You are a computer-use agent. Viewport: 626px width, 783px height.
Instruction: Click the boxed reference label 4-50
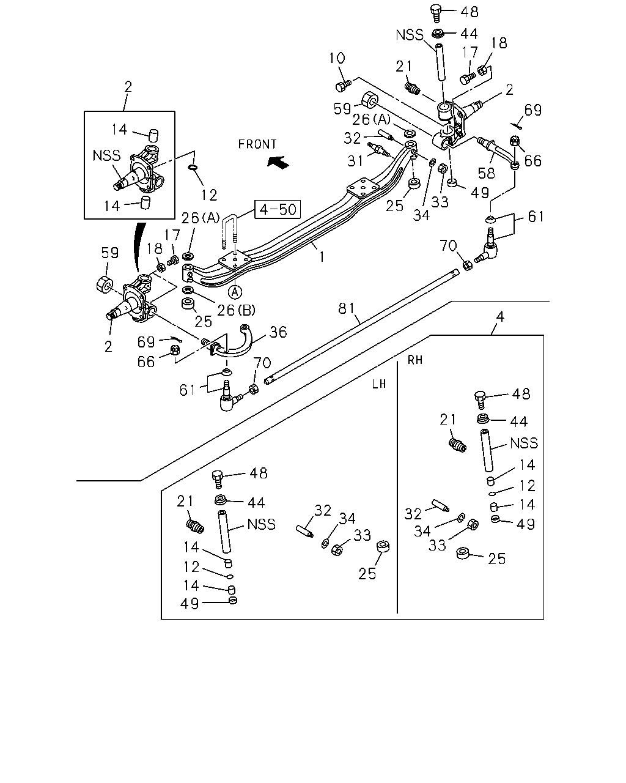tap(278, 209)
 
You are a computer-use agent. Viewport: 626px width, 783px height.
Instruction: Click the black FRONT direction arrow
tap(278, 162)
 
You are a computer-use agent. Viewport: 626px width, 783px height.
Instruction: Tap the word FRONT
tap(257, 144)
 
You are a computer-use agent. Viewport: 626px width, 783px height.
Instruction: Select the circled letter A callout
tap(235, 291)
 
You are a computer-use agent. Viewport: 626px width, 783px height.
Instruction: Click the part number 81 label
tap(346, 308)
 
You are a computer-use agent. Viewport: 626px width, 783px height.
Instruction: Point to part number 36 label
tap(278, 332)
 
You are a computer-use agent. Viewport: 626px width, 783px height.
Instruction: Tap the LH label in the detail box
tap(379, 384)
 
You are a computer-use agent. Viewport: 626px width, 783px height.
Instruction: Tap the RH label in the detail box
tap(415, 360)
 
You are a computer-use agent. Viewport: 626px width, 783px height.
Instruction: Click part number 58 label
tap(487, 173)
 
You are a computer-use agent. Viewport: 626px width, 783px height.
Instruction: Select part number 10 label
tap(337, 58)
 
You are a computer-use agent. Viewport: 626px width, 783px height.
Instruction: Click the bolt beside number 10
tap(343, 86)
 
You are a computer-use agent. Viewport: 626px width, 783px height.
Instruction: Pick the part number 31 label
tap(355, 160)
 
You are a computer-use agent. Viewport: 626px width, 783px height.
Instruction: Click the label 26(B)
tap(237, 310)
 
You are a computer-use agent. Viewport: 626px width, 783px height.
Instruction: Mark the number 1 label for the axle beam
tap(322, 258)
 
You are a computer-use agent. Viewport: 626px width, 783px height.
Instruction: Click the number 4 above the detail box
tap(501, 317)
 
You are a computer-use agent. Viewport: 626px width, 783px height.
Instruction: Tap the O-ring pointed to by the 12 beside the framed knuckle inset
tap(193, 168)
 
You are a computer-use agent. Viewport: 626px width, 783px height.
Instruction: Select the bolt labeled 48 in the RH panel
tap(481, 400)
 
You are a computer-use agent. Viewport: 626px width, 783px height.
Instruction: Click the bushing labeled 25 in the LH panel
tap(383, 546)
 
